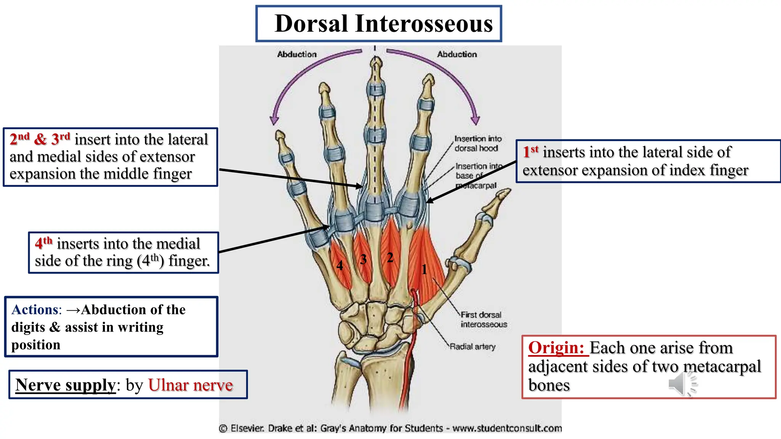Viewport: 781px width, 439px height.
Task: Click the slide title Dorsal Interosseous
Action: (x=383, y=24)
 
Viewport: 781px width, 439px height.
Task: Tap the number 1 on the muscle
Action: (x=424, y=269)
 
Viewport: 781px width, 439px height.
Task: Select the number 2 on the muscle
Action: (x=390, y=258)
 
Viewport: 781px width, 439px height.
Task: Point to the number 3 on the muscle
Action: (x=363, y=260)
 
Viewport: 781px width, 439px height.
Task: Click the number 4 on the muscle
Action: (x=339, y=265)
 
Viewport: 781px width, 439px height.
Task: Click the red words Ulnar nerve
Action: (x=190, y=385)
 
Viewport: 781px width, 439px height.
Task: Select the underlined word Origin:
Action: (x=556, y=348)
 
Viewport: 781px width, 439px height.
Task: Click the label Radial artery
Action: (x=472, y=346)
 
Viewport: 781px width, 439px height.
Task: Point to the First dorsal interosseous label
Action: (x=483, y=319)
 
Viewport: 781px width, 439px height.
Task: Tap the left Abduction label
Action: (x=297, y=54)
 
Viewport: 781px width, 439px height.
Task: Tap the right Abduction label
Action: (x=457, y=54)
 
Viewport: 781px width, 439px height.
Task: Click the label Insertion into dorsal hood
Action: (x=477, y=143)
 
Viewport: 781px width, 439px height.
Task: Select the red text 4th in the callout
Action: (x=43, y=243)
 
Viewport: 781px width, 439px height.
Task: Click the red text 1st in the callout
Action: (x=530, y=152)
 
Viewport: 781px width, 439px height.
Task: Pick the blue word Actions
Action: (x=35, y=309)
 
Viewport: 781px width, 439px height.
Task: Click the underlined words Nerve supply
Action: (x=65, y=385)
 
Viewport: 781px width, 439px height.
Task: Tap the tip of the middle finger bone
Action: (x=376, y=61)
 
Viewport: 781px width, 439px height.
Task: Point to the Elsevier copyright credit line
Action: (x=390, y=428)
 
